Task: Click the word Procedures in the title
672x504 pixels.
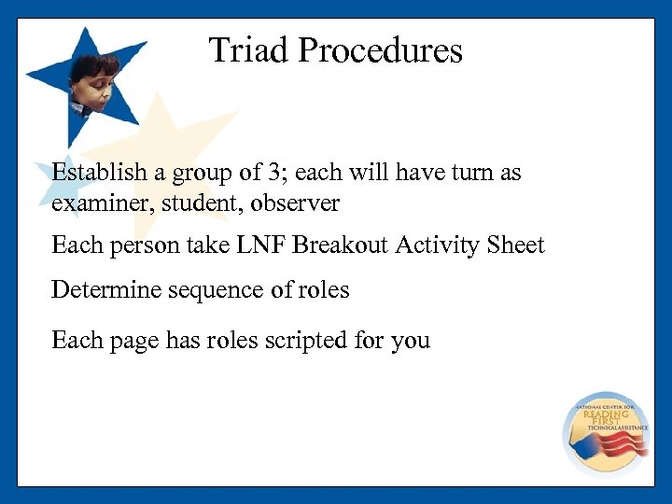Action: pos(380,50)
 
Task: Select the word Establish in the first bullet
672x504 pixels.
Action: pos(99,173)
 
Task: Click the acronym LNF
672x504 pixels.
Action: pos(260,245)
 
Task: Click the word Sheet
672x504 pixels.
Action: pos(515,245)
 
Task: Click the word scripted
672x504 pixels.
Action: pos(304,341)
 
